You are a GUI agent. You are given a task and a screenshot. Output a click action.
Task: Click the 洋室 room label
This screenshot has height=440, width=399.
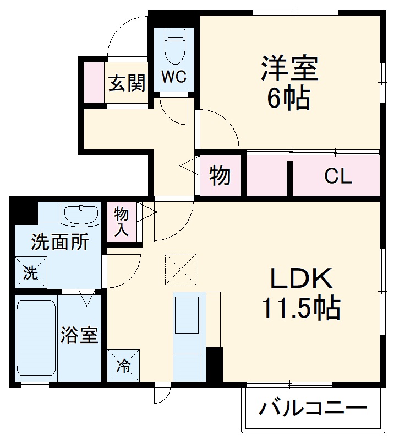[289, 69]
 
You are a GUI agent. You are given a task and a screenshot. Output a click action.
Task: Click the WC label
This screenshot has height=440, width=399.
[174, 76]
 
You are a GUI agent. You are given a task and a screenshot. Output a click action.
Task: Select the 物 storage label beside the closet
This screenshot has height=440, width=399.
[220, 176]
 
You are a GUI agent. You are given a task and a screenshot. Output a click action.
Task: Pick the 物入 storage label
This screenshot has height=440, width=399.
[122, 221]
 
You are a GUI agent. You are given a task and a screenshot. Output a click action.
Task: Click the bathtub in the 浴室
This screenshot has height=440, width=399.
[36, 339]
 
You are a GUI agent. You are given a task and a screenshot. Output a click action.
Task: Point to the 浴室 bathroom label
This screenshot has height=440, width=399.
[79, 335]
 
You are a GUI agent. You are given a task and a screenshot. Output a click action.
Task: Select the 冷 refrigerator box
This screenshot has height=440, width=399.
[124, 365]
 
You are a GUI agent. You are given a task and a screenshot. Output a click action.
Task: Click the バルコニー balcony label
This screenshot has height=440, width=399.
[312, 409]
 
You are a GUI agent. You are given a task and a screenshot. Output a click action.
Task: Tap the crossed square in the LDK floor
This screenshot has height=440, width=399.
[181, 269]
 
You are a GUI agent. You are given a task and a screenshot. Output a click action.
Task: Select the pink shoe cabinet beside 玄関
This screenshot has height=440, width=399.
[94, 83]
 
